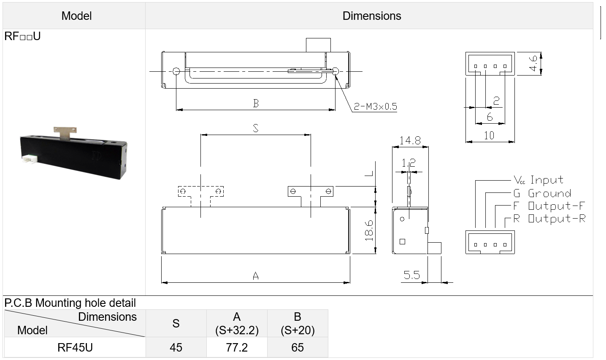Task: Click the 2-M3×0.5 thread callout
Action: click(x=375, y=106)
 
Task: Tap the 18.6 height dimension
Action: click(x=369, y=231)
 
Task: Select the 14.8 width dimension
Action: click(x=410, y=141)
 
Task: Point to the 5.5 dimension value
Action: click(x=411, y=275)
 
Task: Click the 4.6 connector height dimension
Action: click(x=533, y=63)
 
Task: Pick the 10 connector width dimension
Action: click(x=489, y=135)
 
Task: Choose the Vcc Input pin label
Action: click(x=538, y=180)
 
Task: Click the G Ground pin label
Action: click(x=542, y=193)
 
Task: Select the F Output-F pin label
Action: click(x=549, y=206)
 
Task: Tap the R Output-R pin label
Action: click(x=549, y=219)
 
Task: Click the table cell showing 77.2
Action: click(x=237, y=347)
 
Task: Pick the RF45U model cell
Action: click(x=75, y=347)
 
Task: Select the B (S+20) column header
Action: click(x=298, y=323)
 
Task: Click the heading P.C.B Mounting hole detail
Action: click(x=70, y=303)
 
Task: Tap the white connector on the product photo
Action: click(x=30, y=159)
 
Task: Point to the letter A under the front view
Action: click(x=256, y=276)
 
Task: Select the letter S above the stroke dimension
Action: click(x=256, y=128)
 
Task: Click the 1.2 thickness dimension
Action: click(x=409, y=163)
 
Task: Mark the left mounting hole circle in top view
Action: click(x=176, y=71)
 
